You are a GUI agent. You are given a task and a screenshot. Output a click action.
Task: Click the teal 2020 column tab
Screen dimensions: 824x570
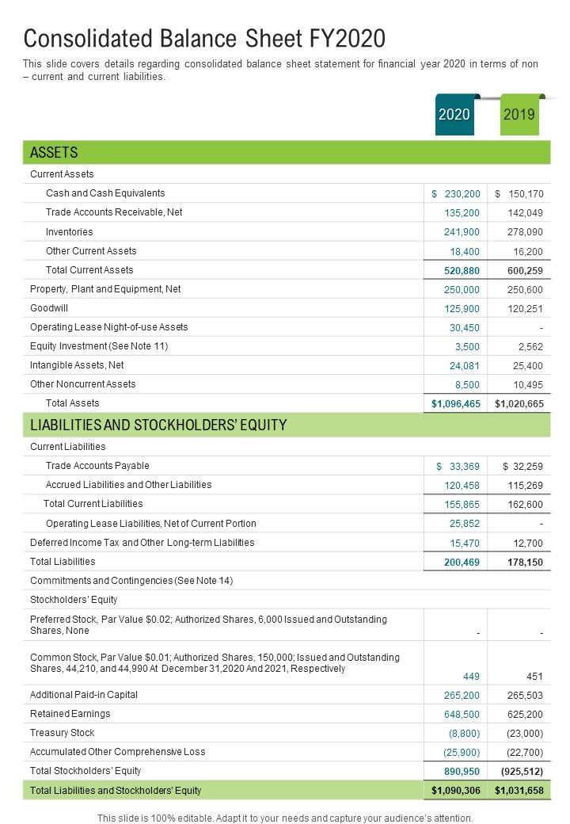tap(454, 115)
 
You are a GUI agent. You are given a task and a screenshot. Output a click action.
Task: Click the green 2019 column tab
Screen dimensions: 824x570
tap(519, 115)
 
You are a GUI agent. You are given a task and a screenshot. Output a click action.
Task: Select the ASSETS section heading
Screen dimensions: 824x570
tap(54, 152)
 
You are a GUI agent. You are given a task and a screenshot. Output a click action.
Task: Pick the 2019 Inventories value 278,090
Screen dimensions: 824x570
tap(525, 232)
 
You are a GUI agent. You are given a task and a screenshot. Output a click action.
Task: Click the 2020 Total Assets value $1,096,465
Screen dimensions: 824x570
tap(456, 404)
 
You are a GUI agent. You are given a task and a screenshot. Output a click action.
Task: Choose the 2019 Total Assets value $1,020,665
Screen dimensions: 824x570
tap(519, 404)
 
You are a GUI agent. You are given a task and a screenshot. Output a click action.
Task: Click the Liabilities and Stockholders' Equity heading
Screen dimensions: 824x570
tap(158, 425)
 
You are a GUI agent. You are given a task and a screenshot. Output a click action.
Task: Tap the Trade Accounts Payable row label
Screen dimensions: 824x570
tap(97, 466)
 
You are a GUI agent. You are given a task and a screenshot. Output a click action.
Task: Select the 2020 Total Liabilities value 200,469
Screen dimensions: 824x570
tap(462, 562)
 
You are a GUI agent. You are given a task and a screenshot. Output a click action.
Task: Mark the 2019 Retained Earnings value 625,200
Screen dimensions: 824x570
tap(525, 714)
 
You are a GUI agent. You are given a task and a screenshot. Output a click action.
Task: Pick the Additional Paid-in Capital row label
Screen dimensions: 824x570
tap(84, 695)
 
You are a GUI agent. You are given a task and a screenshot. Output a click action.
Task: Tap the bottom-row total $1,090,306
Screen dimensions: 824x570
tap(456, 791)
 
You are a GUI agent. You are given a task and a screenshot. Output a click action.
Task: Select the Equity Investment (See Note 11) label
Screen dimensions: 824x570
tap(99, 346)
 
